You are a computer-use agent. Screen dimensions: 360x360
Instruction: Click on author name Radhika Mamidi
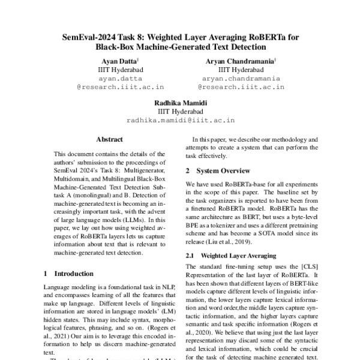(x=180, y=103)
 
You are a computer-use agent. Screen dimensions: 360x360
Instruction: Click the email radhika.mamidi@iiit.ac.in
(x=180, y=120)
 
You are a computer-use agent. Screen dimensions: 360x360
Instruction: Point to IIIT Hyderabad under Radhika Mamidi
(x=180, y=111)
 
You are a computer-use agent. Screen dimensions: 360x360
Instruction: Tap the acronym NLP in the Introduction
(x=165, y=287)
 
